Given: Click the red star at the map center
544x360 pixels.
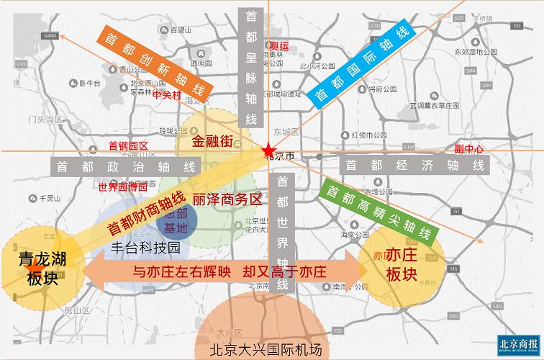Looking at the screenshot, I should pos(268,150).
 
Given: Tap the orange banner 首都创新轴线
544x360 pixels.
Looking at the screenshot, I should pos(155,66).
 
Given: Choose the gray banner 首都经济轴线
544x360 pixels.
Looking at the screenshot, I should pos(414,165).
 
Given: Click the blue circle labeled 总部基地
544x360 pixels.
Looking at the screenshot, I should pos(176,221).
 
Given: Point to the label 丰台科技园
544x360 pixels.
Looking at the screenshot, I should pos(145,247).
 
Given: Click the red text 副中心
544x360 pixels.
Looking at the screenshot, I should pos(469,149).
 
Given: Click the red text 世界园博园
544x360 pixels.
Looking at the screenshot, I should pos(122,186).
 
